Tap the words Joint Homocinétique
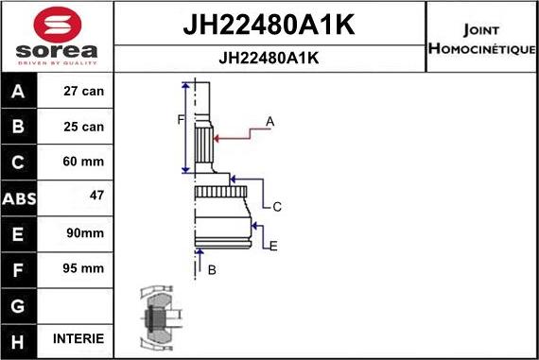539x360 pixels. click(x=482, y=39)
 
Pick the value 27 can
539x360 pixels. click(x=82, y=93)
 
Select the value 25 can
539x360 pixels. click(x=82, y=127)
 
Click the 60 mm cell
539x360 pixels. click(x=82, y=162)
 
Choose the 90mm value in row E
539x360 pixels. click(x=83, y=232)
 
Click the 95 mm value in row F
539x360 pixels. click(x=82, y=268)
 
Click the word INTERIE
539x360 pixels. click(x=80, y=338)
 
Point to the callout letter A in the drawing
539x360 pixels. click(x=270, y=122)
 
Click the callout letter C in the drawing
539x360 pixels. click(x=277, y=206)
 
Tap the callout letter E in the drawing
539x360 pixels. click(x=273, y=247)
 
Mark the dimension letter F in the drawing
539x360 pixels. click(x=179, y=120)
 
